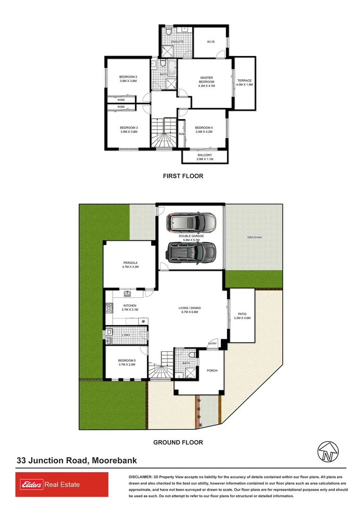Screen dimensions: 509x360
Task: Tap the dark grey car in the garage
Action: click(x=191, y=252)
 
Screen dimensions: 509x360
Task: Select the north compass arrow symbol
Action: click(x=326, y=452)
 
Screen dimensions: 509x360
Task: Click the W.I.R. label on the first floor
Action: click(x=211, y=41)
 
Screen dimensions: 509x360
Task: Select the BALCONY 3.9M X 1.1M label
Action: click(x=205, y=157)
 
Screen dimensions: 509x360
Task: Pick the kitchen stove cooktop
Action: click(x=108, y=308)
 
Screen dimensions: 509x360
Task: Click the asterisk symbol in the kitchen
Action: click(x=143, y=321)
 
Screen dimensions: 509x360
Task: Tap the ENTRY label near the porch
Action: click(x=213, y=344)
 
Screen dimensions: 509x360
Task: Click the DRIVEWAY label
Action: click(x=254, y=237)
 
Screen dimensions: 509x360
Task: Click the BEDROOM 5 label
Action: click(x=127, y=362)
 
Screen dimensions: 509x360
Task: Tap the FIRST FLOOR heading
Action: click(x=183, y=176)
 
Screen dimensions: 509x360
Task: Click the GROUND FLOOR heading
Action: click(x=178, y=443)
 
